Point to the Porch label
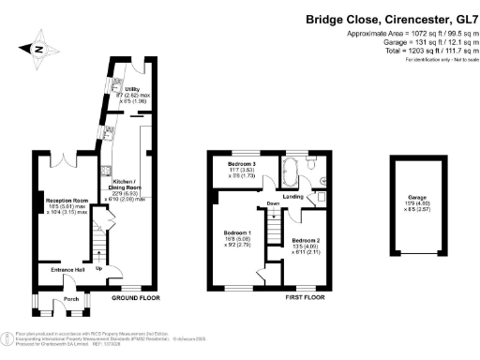click(69, 301)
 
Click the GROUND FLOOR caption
click(135, 297)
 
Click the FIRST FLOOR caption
click(305, 297)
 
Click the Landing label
click(293, 197)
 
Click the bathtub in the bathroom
click(289, 172)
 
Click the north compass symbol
click(35, 49)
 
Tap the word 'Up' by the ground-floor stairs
click(100, 269)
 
